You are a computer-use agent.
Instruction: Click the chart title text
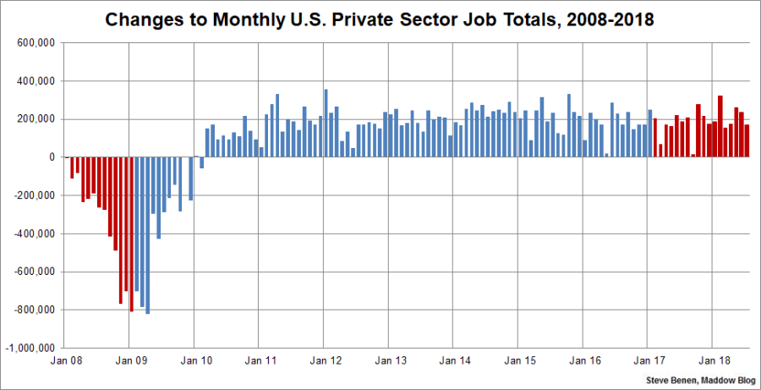tap(380, 19)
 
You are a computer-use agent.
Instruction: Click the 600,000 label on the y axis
tap(33, 43)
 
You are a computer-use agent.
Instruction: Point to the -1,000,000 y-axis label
tap(30, 348)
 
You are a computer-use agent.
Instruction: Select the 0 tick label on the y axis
tap(52, 157)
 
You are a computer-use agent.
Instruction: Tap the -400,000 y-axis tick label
tap(31, 233)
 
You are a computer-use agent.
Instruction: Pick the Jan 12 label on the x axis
tap(326, 360)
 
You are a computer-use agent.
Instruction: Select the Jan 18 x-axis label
tap(715, 360)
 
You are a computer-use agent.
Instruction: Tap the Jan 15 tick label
tap(520, 360)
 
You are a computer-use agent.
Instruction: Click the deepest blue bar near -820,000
tap(147, 235)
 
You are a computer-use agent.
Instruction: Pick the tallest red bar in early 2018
tap(720, 126)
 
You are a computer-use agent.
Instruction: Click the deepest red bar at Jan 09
tap(132, 234)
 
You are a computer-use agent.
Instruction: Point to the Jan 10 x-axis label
tap(194, 360)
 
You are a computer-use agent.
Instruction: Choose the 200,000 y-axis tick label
tap(33, 119)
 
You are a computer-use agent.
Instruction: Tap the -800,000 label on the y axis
tap(31, 310)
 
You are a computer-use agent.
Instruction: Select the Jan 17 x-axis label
tap(650, 360)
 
